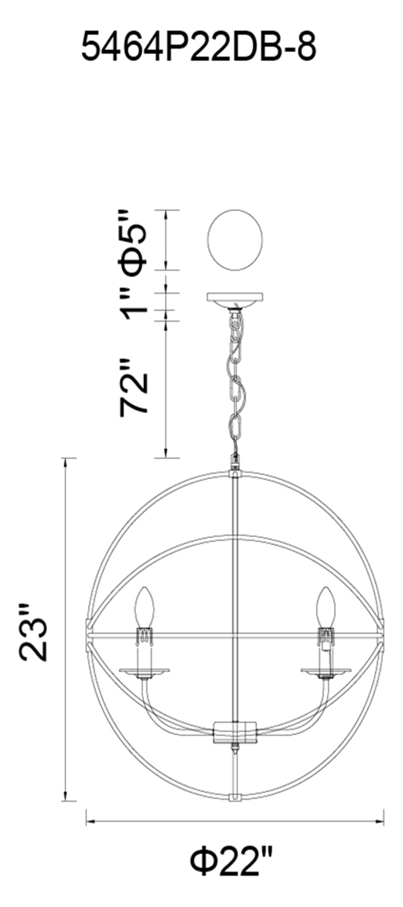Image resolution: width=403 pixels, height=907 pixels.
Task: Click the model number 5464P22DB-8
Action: [199, 47]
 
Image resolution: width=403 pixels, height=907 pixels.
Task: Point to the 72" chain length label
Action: [134, 386]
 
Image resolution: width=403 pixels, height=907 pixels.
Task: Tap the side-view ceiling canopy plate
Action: [234, 298]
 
